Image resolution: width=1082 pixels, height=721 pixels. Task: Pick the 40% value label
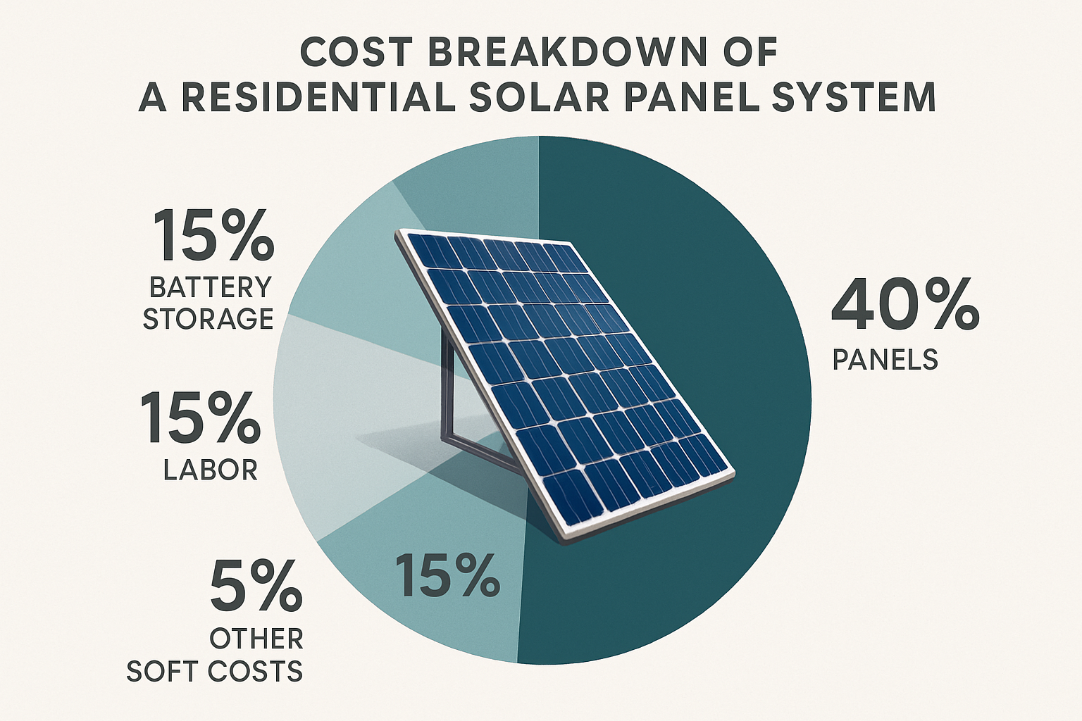click(904, 305)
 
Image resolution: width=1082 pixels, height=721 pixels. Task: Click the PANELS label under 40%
click(885, 360)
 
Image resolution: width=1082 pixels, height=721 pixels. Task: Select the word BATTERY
click(210, 287)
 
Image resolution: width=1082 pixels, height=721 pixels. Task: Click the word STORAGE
click(208, 319)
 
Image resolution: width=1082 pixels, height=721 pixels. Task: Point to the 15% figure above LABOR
click(200, 419)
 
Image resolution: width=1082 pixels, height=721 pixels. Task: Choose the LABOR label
click(210, 470)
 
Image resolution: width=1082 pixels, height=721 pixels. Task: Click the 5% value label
click(256, 587)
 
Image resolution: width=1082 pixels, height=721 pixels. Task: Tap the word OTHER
click(256, 639)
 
